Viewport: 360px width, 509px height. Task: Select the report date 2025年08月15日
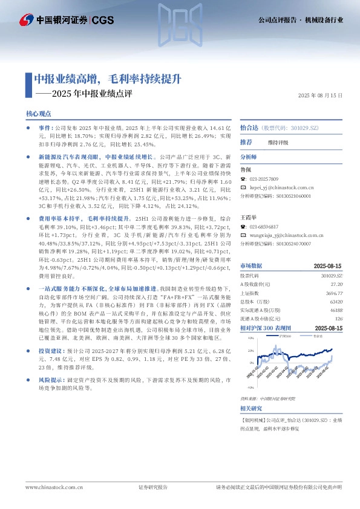320,96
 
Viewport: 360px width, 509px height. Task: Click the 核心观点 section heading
38,114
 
